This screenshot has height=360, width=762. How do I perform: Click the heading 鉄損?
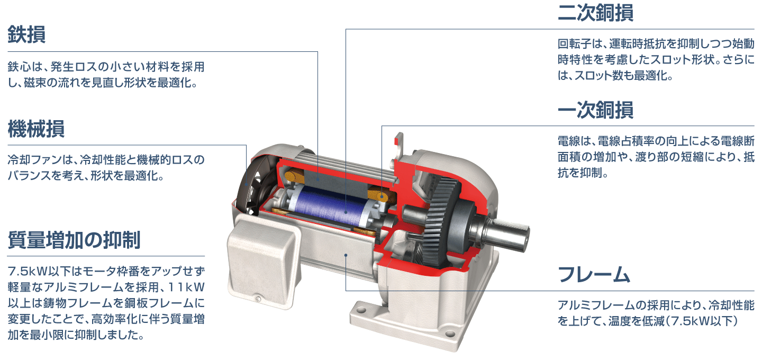26,34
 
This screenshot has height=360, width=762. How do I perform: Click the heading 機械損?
36,129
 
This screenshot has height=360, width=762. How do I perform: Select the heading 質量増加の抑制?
74,240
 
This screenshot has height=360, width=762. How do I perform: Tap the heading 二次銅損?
595,13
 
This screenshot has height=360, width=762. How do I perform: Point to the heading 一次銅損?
595,110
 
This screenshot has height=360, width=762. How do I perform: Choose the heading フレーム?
594,275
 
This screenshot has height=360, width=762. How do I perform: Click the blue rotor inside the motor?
328,204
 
